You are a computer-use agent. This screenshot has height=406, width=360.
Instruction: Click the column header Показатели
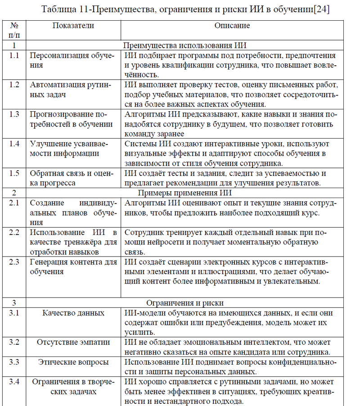pyautogui.click(x=73, y=26)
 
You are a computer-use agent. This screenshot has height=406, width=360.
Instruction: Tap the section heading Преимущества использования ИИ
pyautogui.click(x=184, y=45)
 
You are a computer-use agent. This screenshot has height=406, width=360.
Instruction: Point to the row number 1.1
pyautogui.click(x=14, y=56)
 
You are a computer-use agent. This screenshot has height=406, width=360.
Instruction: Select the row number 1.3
pyautogui.click(x=14, y=114)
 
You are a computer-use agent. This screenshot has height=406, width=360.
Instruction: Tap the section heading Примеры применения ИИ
pyautogui.click(x=184, y=193)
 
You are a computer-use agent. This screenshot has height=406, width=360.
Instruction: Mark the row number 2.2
pyautogui.click(x=14, y=232)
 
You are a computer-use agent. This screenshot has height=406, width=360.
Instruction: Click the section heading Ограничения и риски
pyautogui.click(x=184, y=303)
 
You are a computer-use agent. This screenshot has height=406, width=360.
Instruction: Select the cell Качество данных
pyautogui.click(x=73, y=313)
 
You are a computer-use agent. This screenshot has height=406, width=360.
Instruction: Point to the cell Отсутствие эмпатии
pyautogui.click(x=73, y=342)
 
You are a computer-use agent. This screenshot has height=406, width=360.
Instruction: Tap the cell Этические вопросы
pyautogui.click(x=73, y=362)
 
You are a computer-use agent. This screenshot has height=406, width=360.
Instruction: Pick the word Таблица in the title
pyautogui.click(x=57, y=9)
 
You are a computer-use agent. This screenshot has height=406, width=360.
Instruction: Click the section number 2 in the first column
pyautogui.click(x=14, y=193)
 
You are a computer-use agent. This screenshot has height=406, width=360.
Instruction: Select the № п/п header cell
pyautogui.click(x=14, y=30)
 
